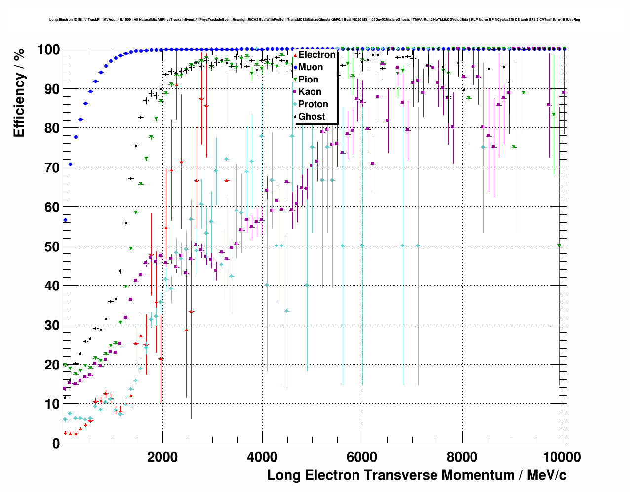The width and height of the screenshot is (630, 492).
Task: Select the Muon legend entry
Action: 311,67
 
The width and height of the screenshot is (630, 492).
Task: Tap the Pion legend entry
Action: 308,80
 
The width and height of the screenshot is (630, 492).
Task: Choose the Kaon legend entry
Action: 310,92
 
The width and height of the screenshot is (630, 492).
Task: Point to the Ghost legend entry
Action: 312,117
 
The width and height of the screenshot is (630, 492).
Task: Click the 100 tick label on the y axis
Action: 48,50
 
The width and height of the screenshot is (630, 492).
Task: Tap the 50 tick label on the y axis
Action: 52,246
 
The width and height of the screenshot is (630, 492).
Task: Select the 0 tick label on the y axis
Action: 56,443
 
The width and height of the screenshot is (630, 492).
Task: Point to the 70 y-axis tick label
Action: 52,168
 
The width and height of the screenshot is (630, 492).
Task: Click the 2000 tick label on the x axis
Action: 161,457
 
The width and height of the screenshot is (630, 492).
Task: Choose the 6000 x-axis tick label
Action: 361,457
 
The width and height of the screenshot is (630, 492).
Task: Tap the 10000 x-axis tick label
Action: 561,457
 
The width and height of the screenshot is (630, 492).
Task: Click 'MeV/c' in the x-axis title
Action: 547,475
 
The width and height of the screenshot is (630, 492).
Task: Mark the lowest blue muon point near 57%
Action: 65,220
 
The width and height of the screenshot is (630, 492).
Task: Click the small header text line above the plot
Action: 315,20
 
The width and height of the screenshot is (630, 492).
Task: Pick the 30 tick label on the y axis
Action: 52,325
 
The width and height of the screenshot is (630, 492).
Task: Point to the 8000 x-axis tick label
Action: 462,457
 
